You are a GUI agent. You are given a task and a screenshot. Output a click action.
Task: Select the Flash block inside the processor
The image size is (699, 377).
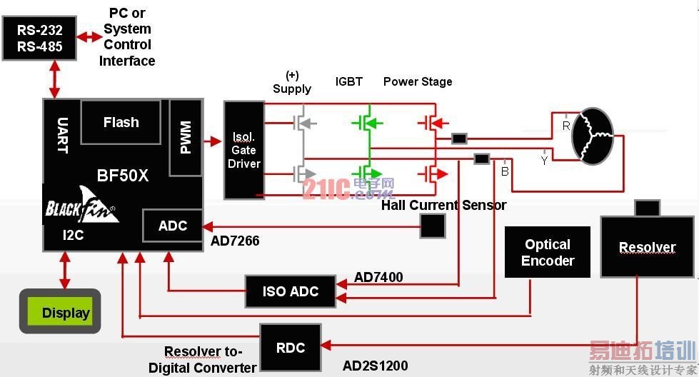[x=121, y=122]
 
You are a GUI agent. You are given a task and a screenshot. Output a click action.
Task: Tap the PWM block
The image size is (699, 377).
[x=186, y=137]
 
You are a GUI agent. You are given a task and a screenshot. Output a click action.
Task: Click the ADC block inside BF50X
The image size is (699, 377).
[x=172, y=226]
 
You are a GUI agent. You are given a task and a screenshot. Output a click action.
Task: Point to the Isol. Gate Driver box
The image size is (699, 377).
[x=243, y=150]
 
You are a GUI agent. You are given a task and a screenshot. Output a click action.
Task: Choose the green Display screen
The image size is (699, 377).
[x=60, y=313]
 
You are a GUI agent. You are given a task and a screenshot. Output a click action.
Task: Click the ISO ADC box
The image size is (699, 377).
[x=290, y=291]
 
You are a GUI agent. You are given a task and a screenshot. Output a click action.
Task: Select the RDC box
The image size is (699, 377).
[x=290, y=348]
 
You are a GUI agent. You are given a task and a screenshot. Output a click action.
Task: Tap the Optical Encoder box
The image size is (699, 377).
[x=548, y=253]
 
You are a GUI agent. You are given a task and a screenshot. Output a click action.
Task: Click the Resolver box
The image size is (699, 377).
[x=647, y=248]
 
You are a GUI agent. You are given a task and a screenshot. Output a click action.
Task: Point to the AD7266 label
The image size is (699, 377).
[x=235, y=241]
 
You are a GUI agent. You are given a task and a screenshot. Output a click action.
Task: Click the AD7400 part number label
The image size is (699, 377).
[x=378, y=277]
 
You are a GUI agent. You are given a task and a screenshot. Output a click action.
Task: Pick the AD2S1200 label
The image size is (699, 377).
[x=375, y=366]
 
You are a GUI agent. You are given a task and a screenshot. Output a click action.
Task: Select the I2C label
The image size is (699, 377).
[x=74, y=235]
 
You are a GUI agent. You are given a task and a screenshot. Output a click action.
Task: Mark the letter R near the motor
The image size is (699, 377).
[x=565, y=126]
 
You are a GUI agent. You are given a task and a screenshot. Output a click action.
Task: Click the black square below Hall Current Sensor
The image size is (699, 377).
[x=432, y=226]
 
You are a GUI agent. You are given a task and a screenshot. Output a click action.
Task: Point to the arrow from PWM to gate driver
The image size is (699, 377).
[x=213, y=141]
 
